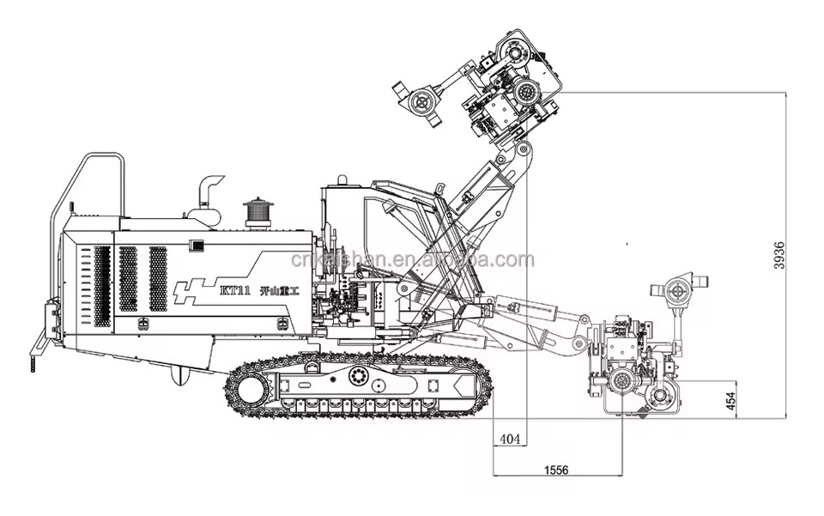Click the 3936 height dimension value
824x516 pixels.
[779, 255]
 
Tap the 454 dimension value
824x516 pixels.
[730, 402]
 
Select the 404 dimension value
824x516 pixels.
[510, 439]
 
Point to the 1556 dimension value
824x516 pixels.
[556, 470]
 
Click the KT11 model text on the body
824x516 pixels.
[233, 291]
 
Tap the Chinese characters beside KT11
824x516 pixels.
[280, 291]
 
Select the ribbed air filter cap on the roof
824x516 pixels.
[257, 211]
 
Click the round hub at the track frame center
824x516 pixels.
[359, 376]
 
